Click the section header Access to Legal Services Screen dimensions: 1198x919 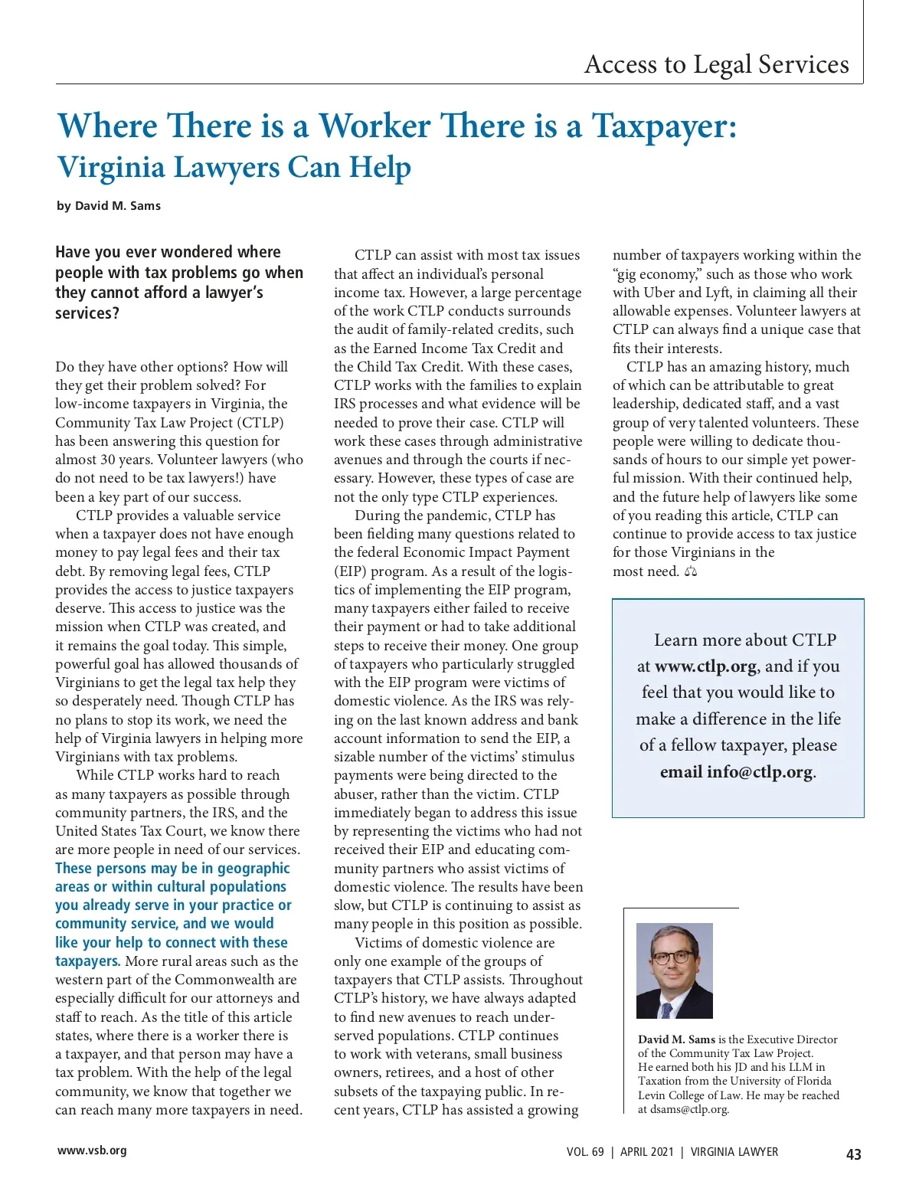716,64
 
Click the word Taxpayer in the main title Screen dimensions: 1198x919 663,126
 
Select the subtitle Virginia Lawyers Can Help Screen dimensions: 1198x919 234,167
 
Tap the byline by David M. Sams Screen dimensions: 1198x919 109,206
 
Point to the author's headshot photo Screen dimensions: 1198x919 674,971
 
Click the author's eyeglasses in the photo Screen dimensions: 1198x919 672,957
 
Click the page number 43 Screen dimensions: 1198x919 853,1154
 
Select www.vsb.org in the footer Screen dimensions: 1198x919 92,1151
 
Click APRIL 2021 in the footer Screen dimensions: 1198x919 647,1152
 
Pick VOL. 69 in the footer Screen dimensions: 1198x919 585,1152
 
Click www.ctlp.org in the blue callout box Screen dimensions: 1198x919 705,666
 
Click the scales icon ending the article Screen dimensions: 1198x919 691,571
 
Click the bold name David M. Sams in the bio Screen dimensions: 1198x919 676,1039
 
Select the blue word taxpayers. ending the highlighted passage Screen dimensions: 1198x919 87,961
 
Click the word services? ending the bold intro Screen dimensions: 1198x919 87,313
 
